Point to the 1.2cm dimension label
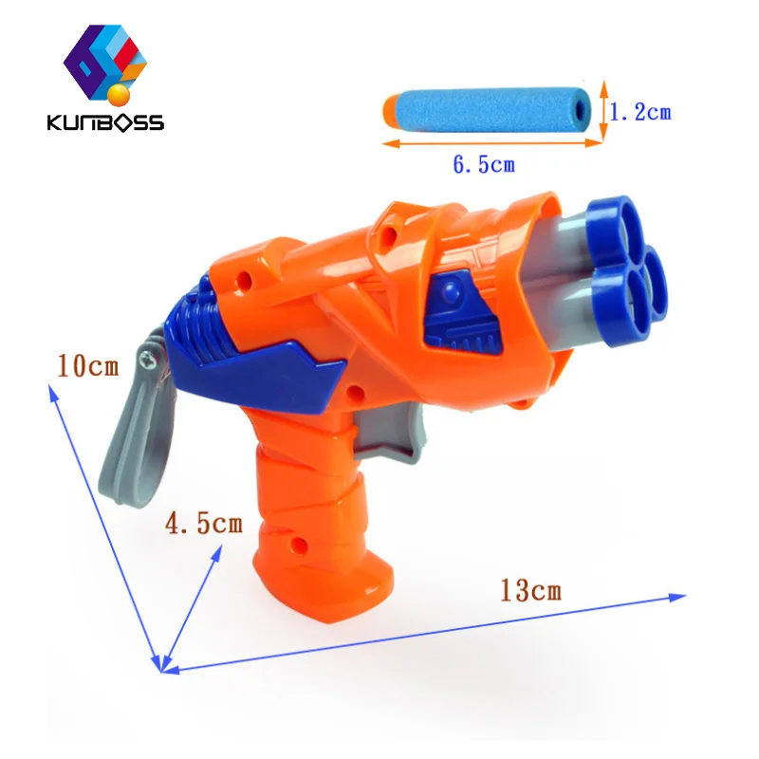[x=639, y=112]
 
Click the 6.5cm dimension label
[x=483, y=164]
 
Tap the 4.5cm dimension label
[x=204, y=523]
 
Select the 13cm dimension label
[x=530, y=590]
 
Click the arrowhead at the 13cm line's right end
[x=677, y=597]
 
